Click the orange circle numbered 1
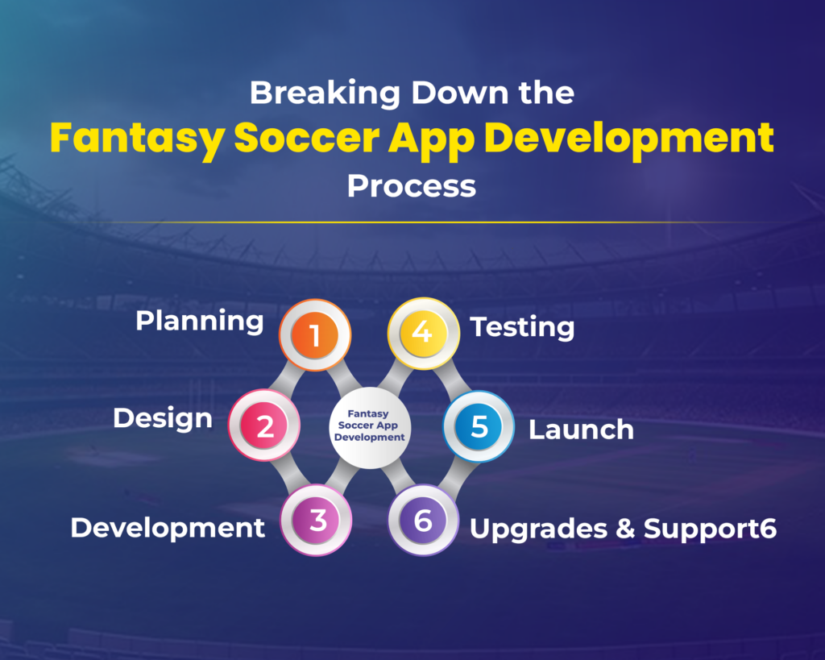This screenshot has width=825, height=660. click(x=315, y=334)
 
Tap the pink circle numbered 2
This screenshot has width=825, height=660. click(x=264, y=425)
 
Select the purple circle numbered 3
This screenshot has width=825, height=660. click(x=317, y=520)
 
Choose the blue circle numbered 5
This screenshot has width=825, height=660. click(x=479, y=427)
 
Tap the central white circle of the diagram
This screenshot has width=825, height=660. click(x=370, y=425)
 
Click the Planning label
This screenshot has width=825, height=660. click(x=199, y=321)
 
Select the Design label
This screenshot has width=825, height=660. click(x=163, y=418)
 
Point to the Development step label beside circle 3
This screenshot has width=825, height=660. click(x=168, y=528)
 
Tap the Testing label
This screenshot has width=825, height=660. click(x=522, y=327)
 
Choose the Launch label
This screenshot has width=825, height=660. click(x=581, y=430)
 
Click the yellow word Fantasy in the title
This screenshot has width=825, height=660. click(x=136, y=138)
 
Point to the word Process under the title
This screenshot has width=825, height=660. click(x=412, y=186)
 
